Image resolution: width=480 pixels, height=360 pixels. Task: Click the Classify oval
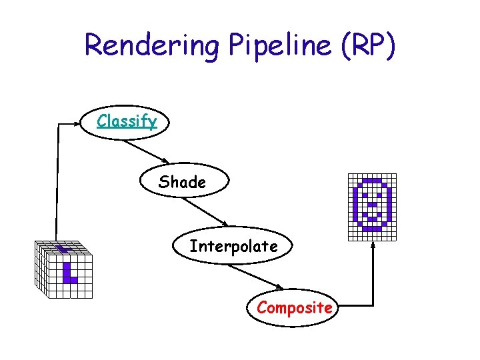point(127,121)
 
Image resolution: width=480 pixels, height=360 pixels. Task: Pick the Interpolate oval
point(233,247)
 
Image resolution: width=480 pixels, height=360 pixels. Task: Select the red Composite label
point(295,308)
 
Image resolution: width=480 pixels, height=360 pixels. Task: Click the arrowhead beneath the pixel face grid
point(373,245)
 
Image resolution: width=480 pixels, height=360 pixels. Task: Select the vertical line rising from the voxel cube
point(57,180)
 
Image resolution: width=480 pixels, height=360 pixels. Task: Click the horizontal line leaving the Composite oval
point(353,306)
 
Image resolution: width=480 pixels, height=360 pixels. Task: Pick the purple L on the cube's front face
point(69,273)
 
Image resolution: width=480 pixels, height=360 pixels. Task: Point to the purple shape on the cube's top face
point(63,249)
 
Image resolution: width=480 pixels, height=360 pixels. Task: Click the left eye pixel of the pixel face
point(365,195)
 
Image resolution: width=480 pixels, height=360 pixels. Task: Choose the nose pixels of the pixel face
point(373,204)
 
